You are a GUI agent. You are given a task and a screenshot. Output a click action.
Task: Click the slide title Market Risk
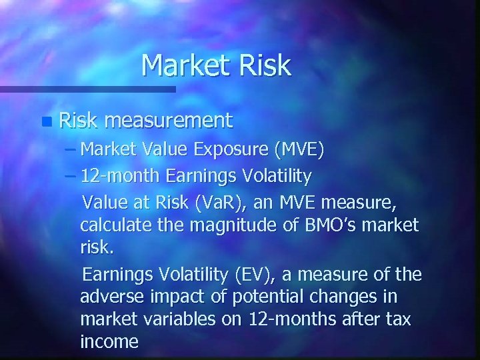coord(216,65)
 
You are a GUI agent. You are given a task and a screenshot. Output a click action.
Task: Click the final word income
coord(109,343)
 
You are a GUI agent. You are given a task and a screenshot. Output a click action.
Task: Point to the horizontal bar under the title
coord(87,88)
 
